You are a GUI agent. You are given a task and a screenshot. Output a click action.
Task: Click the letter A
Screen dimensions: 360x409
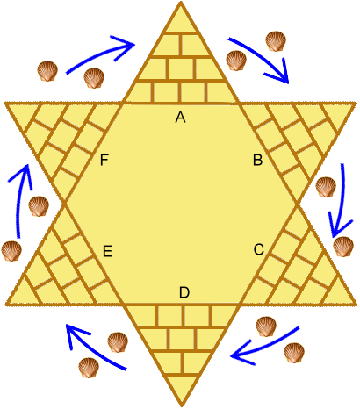[181, 118]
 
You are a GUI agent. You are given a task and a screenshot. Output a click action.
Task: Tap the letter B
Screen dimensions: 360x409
[258, 161]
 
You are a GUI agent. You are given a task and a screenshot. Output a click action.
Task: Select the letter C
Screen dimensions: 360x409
[259, 250]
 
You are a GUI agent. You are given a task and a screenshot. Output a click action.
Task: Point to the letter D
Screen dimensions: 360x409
[184, 292]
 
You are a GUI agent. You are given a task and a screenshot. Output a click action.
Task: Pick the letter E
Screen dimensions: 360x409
[108, 251]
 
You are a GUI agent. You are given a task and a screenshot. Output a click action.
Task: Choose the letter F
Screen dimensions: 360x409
[104, 161]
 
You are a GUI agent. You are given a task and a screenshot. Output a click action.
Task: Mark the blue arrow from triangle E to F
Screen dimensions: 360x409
[18, 202]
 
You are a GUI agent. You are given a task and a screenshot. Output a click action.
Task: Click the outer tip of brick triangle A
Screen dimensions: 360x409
[181, 3]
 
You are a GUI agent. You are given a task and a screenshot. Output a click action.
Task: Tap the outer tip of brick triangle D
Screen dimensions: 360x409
[182, 406]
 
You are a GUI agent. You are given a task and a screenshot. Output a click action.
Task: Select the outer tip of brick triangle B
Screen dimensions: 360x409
[356, 103]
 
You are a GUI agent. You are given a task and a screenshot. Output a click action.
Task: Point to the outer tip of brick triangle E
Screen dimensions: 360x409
[6, 305]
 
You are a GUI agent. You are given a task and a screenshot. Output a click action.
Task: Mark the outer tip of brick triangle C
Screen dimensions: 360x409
[356, 305]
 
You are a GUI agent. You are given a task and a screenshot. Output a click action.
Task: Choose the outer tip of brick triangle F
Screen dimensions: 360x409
[5, 103]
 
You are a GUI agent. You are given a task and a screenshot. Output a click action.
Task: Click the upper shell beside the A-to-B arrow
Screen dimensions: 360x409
[276, 41]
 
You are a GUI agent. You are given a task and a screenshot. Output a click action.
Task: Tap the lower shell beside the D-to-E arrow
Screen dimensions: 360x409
[89, 368]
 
